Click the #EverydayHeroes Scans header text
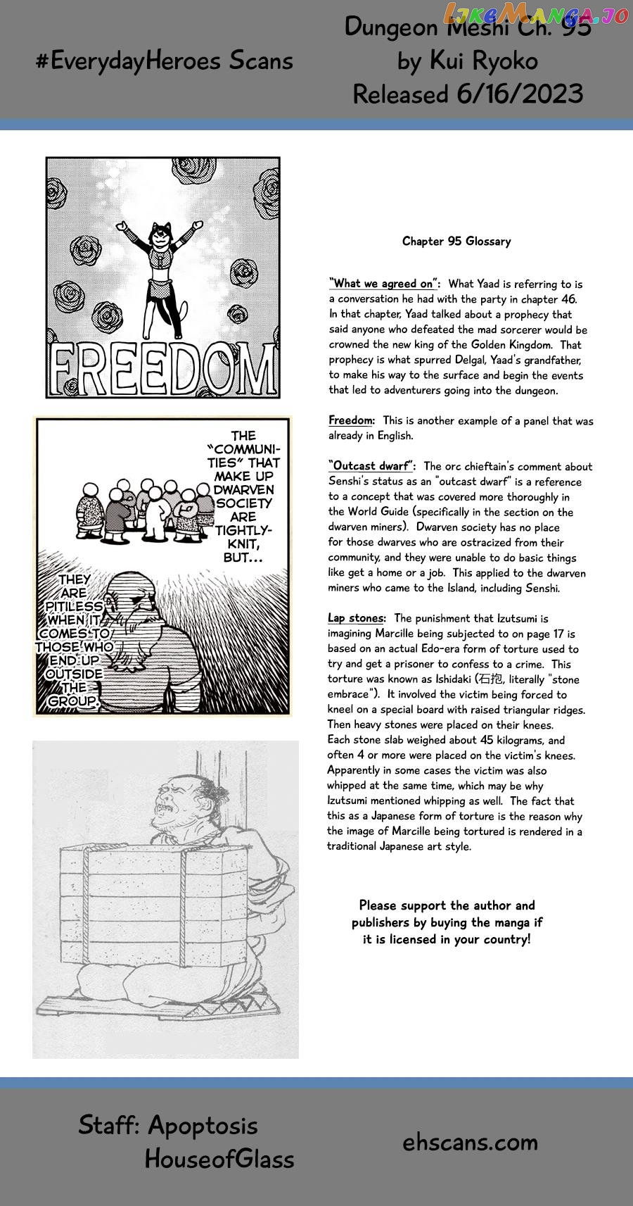point(164,61)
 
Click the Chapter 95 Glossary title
point(456,241)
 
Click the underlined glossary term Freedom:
point(352,420)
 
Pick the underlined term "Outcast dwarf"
point(373,466)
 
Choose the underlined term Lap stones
point(356,618)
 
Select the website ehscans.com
point(470,1142)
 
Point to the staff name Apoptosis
point(203,1125)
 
